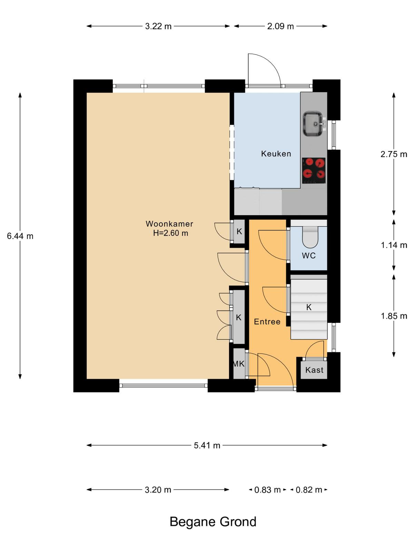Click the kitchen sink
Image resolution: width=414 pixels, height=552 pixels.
coord(313,124)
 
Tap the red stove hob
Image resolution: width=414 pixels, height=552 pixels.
coord(314,170)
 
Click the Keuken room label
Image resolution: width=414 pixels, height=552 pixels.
coord(276,154)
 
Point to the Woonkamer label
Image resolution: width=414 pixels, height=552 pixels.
coord(169,224)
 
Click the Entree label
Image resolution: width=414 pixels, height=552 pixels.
coord(267,322)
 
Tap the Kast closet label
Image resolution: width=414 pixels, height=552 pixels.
coord(314,370)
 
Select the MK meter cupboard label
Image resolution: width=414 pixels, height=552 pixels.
coord(238,364)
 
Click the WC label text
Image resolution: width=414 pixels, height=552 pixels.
coord(309,256)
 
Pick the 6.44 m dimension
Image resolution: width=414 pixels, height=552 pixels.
coord(20,236)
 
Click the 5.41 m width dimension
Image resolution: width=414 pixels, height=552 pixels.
coord(207,445)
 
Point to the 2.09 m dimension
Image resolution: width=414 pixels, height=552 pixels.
coord(280,26)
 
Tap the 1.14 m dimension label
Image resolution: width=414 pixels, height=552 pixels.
coord(394,245)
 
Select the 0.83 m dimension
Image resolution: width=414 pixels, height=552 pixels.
coord(267,490)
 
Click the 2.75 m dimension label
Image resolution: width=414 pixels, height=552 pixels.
coord(394,154)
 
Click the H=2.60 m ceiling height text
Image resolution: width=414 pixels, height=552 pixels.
coord(171,233)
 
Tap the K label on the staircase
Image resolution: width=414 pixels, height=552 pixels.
coord(309,307)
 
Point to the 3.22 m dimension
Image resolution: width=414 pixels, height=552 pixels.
coord(158,26)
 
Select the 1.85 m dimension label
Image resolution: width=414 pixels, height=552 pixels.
coord(394,316)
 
